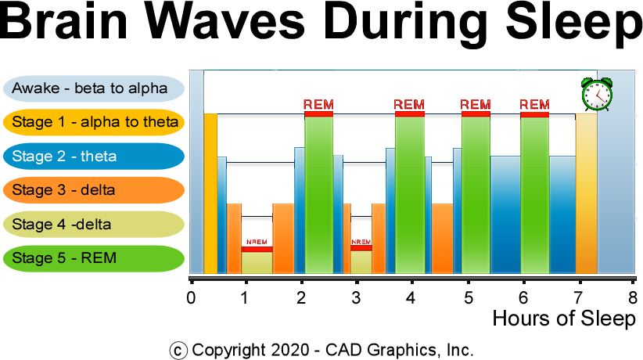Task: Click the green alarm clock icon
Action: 597,95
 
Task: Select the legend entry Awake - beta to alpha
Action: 93,88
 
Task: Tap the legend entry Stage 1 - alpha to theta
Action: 93,122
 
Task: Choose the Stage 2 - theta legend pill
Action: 93,156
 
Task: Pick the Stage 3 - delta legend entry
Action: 93,190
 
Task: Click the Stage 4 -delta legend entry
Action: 93,225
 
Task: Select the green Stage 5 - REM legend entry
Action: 93,258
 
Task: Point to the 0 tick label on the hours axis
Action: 191,298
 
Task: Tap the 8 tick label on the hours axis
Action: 632,298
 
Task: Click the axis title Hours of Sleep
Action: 563,319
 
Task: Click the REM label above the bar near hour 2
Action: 318,104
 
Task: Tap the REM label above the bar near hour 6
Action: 534,104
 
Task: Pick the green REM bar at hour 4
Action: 410,196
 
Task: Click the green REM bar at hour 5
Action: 476,196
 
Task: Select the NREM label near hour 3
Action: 361,243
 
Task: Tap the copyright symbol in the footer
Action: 179,350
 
